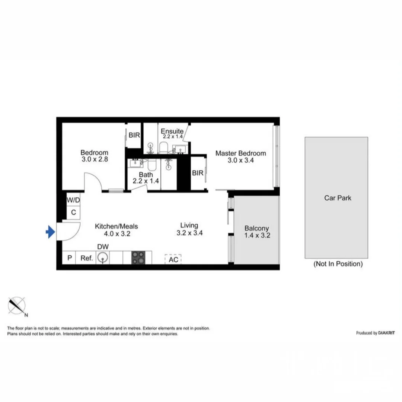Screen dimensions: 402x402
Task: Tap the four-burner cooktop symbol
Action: pos(138,258)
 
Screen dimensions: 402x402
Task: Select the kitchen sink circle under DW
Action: pos(102,258)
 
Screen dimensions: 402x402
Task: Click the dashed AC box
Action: pos(173,259)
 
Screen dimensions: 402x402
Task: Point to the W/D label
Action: pos(73,200)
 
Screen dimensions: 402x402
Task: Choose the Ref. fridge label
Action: pos(86,258)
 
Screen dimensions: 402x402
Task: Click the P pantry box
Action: pos(69,258)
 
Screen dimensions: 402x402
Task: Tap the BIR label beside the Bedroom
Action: pos(134,135)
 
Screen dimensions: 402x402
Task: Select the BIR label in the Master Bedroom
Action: pos(197,173)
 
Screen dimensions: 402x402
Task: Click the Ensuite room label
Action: pos(172,131)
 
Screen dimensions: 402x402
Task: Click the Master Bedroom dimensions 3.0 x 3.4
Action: pos(240,160)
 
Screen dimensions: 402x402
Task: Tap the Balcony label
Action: pos(256,229)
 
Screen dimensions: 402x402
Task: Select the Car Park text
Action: pos(338,198)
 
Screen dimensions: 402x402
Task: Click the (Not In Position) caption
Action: pos(338,264)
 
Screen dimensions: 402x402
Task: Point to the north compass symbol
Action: pos(17,306)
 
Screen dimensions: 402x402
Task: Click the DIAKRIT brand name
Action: pos(387,333)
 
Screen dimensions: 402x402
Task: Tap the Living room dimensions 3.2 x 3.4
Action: pos(189,233)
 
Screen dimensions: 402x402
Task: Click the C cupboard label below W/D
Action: pos(73,213)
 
